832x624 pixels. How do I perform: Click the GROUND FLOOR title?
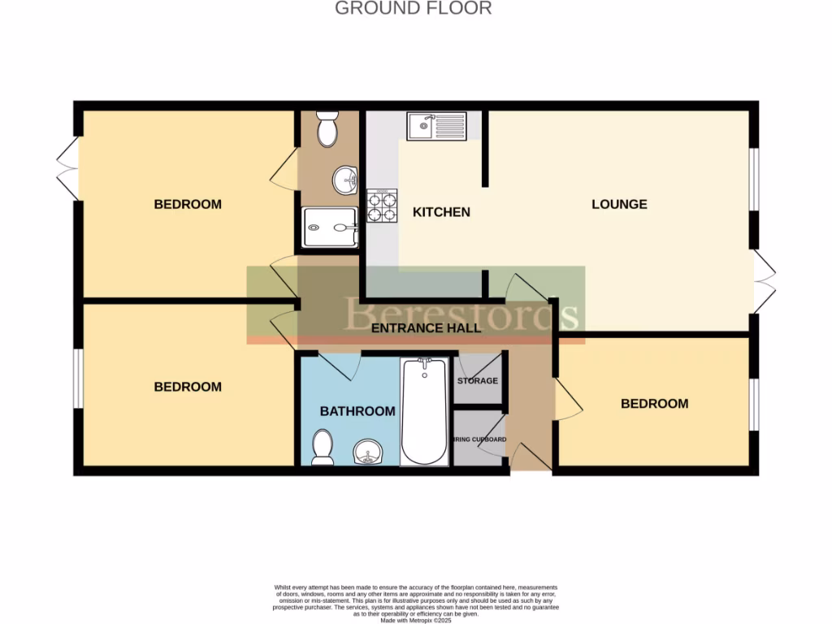pos(414,9)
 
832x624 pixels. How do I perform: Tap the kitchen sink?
pos(437,126)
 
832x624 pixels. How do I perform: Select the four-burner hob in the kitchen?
pos(383,206)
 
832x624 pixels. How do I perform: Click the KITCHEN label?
pos(441,212)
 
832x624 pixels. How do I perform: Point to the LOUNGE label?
pos(619,204)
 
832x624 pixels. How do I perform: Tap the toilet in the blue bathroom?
pos(323,448)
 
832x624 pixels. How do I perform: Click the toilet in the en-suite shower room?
pos(328,129)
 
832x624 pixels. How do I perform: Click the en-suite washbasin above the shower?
pos(345,179)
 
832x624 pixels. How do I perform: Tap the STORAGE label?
pos(478,380)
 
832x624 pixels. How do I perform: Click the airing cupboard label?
pos(480,440)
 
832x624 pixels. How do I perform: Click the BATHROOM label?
pos(357,411)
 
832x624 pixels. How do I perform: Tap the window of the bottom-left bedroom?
pos(76,378)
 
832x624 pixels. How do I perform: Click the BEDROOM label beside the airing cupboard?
pos(654,403)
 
